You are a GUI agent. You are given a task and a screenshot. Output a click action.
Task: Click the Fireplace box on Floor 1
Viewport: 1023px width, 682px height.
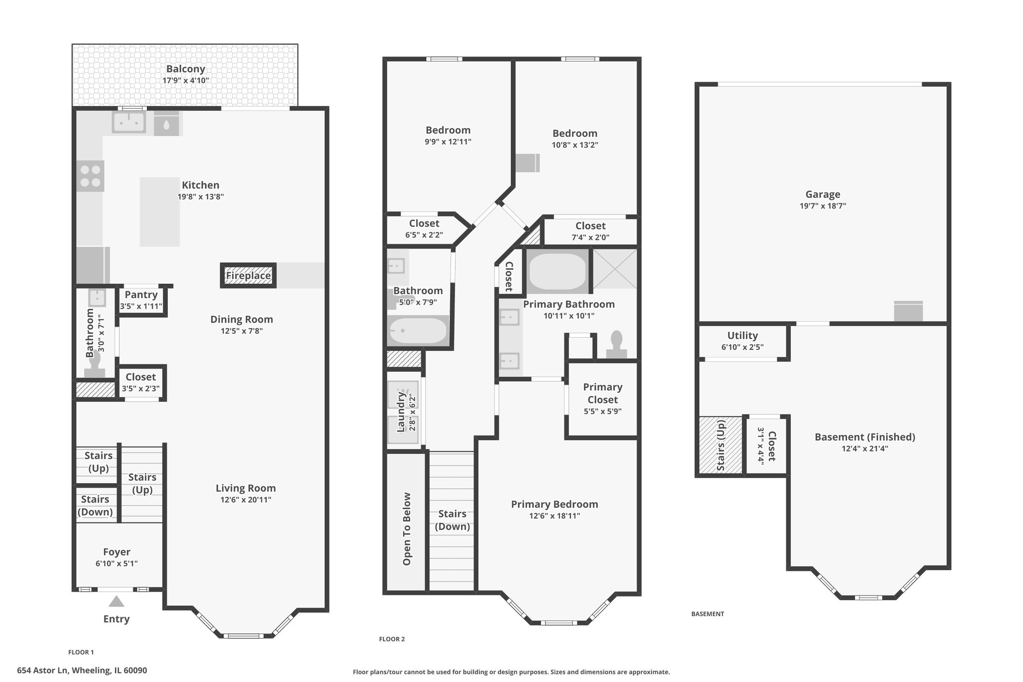pyautogui.click(x=248, y=275)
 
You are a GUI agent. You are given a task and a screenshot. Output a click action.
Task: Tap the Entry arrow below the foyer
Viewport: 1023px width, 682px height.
pyautogui.click(x=116, y=601)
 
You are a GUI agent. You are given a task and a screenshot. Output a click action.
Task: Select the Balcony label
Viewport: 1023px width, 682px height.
pyautogui.click(x=186, y=69)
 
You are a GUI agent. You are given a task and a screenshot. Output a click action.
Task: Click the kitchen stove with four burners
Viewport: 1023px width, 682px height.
pyautogui.click(x=90, y=176)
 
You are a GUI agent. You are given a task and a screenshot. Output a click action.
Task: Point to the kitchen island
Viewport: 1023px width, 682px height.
pyautogui.click(x=160, y=212)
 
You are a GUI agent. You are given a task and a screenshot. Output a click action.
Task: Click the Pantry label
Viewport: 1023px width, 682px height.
pyautogui.click(x=141, y=295)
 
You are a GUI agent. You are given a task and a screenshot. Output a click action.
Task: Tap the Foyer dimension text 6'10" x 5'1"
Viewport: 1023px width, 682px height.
pyautogui.click(x=116, y=564)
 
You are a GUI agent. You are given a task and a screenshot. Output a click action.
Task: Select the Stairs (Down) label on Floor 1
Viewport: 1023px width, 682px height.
pyautogui.click(x=95, y=506)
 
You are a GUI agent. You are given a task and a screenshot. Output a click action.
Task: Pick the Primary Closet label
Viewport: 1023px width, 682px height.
pyautogui.click(x=603, y=393)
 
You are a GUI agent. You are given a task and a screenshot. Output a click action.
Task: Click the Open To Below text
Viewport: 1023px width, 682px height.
pyautogui.click(x=407, y=529)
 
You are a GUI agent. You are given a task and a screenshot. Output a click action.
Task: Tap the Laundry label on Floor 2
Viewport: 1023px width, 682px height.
pyautogui.click(x=401, y=412)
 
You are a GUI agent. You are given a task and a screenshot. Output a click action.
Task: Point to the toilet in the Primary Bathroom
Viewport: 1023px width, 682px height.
pyautogui.click(x=617, y=345)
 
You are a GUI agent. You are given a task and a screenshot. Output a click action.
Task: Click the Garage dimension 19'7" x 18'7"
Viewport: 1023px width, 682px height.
pyautogui.click(x=823, y=206)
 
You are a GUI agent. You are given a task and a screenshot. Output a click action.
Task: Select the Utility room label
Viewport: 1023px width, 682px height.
pyautogui.click(x=742, y=336)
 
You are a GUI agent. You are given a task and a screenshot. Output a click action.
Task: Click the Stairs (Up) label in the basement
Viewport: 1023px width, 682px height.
pyautogui.click(x=721, y=445)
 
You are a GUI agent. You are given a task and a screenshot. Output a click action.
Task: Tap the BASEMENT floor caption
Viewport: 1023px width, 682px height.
pyautogui.click(x=707, y=614)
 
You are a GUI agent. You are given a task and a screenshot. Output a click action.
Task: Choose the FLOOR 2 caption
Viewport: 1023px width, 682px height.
pyautogui.click(x=392, y=639)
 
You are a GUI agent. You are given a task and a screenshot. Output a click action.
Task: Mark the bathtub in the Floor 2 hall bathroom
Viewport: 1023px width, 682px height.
pyautogui.click(x=418, y=330)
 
